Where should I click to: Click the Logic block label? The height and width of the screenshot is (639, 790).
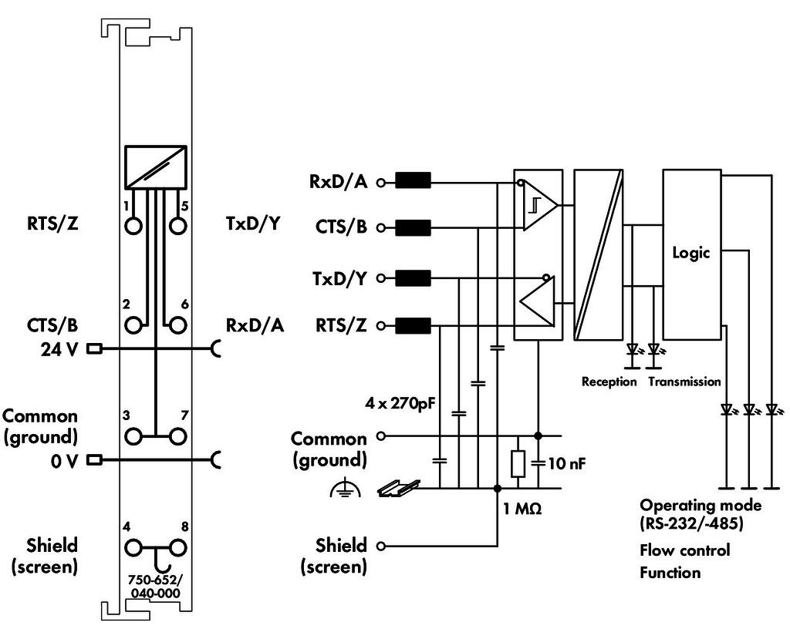690,253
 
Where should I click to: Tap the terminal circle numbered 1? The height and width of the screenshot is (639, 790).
133,226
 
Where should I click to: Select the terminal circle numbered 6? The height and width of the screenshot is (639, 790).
177,325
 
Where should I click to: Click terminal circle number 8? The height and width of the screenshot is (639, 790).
177,548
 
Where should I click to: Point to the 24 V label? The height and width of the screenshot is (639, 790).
59,348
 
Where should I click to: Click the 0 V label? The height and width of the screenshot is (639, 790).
65,461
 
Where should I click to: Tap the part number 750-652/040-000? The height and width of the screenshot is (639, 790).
155,586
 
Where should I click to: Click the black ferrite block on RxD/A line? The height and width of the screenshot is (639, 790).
414,180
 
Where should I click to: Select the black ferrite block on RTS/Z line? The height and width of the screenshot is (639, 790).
414,326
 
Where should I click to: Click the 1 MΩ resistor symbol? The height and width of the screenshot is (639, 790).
518,464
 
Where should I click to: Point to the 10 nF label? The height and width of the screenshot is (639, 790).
567,463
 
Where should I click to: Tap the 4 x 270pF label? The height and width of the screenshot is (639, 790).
400,403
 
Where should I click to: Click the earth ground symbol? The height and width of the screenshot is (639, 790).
345,489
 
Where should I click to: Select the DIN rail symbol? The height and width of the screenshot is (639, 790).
399,487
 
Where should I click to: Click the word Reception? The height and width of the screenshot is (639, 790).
609,382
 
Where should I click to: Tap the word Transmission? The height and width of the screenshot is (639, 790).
685,382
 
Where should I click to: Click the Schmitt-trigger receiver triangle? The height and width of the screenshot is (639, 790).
539,205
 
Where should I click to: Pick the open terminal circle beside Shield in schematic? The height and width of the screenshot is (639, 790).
381,546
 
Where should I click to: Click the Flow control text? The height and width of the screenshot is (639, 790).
685,550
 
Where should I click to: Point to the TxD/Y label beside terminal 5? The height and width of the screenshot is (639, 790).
253,223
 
